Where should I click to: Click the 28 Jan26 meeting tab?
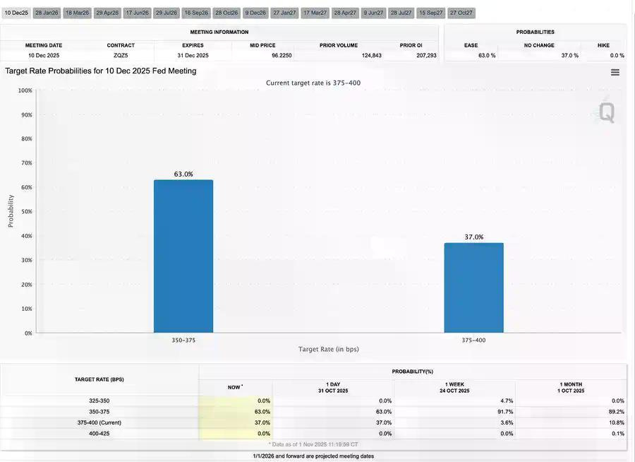coord(47,13)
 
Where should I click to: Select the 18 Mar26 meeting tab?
coord(77,13)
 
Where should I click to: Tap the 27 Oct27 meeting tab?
coord(460,13)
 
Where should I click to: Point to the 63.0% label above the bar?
coord(183,174)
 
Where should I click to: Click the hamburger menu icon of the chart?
coord(615,72)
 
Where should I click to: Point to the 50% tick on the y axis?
coord(25,212)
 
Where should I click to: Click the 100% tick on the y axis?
coord(25,90)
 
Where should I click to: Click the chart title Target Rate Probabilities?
coord(101,71)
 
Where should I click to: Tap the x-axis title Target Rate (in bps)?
coord(328,349)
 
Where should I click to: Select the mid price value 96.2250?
coord(282,55)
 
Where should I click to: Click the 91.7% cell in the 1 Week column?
coord(504,411)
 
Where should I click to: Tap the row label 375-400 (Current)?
coord(99,422)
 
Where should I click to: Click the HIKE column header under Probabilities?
coord(603,45)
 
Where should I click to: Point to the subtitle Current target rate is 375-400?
coord(313,83)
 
